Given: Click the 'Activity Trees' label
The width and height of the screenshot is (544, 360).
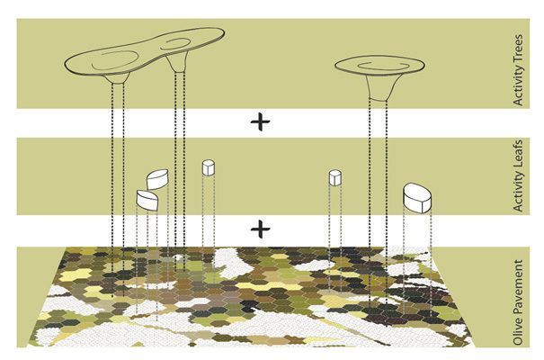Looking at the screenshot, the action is click(518, 70).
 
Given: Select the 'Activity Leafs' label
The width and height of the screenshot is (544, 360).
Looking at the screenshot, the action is click(518, 175).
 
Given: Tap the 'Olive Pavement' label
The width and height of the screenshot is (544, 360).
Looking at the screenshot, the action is click(518, 302).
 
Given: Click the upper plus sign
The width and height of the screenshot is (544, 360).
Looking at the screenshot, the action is click(260, 123).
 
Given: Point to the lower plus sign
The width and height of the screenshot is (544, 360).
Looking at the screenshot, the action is click(260, 229).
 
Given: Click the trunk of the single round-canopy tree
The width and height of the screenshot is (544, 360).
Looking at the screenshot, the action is click(379, 88).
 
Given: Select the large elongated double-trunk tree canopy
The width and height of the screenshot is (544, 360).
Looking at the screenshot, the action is click(145, 51).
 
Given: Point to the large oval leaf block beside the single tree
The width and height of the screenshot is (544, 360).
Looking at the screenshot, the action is click(417, 197).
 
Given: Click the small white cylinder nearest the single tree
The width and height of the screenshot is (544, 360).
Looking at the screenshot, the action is click(334, 177).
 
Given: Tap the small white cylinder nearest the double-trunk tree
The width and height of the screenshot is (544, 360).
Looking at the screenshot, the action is click(209, 167).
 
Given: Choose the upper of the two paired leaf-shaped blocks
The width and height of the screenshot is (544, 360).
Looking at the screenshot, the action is click(157, 179).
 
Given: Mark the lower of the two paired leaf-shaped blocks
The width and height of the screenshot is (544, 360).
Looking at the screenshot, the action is click(147, 201).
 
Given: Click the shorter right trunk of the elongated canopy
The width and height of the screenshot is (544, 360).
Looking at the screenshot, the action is click(177, 63).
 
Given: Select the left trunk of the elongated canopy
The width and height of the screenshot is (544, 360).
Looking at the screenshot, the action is click(118, 78).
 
